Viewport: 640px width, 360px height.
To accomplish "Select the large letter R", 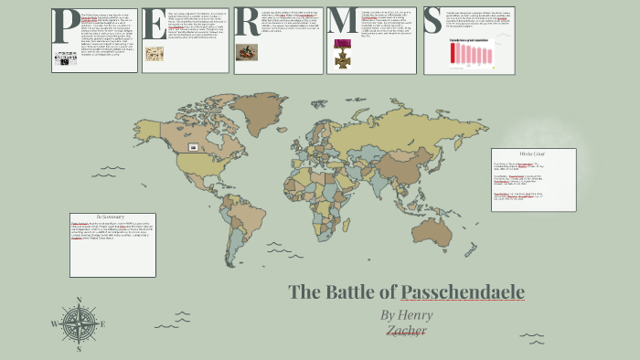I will tap(246, 23).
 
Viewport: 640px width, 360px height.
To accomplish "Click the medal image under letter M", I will tap(344, 54).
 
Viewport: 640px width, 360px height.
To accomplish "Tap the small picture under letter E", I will tap(155, 54).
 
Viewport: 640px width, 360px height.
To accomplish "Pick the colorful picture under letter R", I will tap(247, 52).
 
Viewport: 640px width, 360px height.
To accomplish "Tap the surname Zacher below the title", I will tap(406, 331).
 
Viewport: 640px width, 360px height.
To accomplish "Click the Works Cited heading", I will tap(532, 154).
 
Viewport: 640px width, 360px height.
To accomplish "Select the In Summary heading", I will tap(116, 215).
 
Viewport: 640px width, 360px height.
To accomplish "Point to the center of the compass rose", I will tap(80, 323).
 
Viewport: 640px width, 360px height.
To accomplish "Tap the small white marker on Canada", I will tap(193, 146).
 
